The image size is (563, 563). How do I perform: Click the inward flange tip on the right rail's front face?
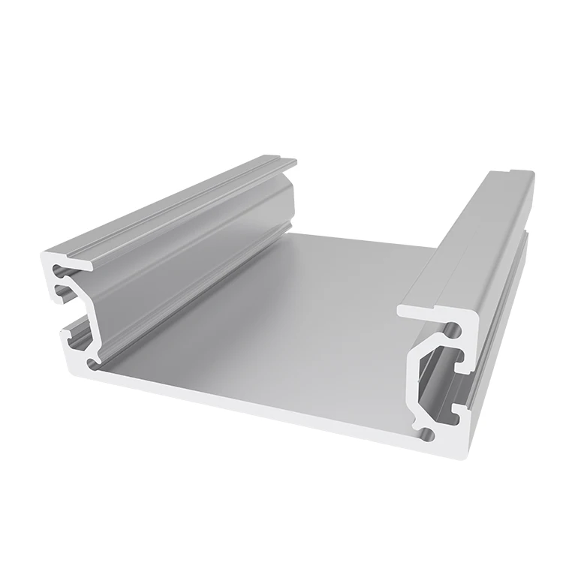point(405,309)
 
